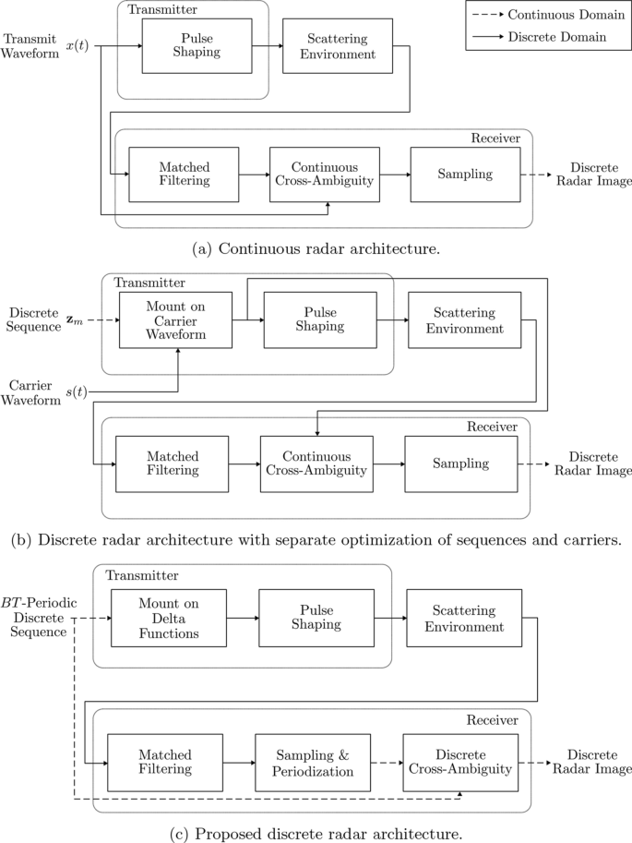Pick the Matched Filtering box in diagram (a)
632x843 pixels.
click(183, 174)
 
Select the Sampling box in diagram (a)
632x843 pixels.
click(465, 174)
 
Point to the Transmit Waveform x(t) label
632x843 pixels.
click(46, 46)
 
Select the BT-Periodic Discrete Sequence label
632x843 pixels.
click(39, 617)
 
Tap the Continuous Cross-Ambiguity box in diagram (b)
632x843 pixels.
click(316, 464)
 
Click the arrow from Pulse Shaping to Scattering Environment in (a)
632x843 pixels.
click(266, 46)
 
